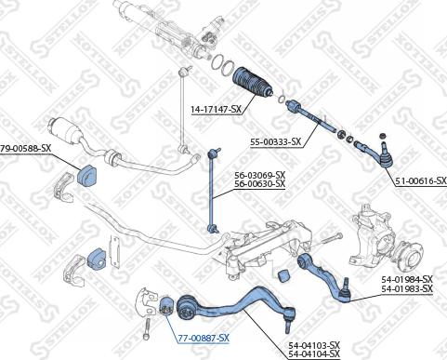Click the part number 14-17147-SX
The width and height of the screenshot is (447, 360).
216,110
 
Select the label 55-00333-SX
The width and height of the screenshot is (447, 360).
276,141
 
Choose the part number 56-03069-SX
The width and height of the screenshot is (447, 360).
259,175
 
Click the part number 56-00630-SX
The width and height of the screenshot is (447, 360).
259,184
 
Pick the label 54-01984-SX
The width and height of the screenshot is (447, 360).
407,279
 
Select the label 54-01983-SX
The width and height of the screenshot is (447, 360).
407,289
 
